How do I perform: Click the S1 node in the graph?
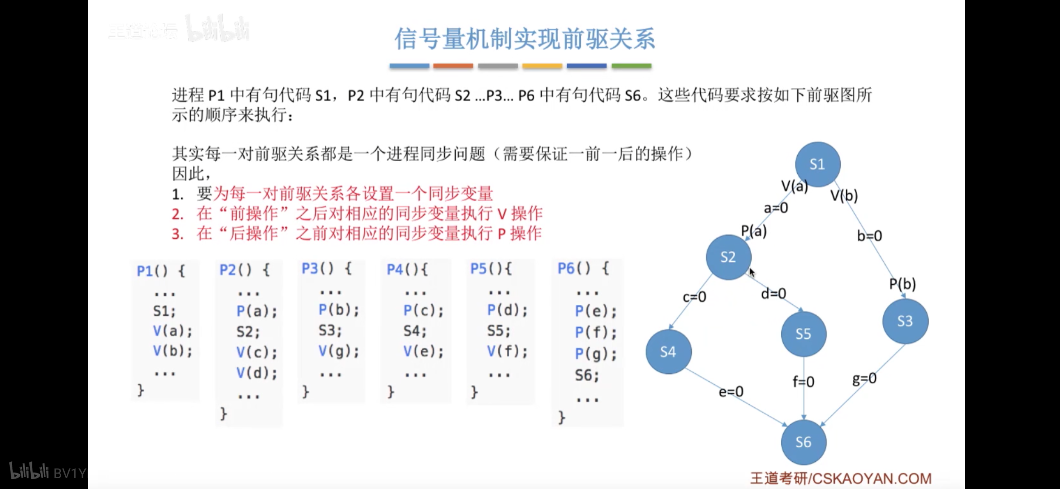pyautogui.click(x=818, y=164)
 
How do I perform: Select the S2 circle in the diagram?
pyautogui.click(x=728, y=257)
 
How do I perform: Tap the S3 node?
pyautogui.click(x=905, y=321)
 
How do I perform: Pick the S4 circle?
pyautogui.click(x=668, y=352)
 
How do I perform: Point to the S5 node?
pyautogui.click(x=803, y=334)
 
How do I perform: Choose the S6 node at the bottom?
pyautogui.click(x=803, y=442)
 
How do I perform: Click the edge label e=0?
pyautogui.click(x=731, y=391)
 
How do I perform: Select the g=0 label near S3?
pyautogui.click(x=864, y=379)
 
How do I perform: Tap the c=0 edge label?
pyautogui.click(x=694, y=297)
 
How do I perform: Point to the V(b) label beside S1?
pyautogui.click(x=844, y=196)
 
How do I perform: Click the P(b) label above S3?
pyautogui.click(x=902, y=284)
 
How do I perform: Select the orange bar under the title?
pyautogui.click(x=453, y=66)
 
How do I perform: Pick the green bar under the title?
pyautogui.click(x=631, y=66)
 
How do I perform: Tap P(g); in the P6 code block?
pyautogui.click(x=596, y=354)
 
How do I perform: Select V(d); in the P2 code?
pyautogui.click(x=256, y=373)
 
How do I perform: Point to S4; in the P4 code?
pyautogui.click(x=415, y=331)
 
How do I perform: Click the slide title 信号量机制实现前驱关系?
pyautogui.click(x=525, y=39)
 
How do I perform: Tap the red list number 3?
pyautogui.click(x=178, y=234)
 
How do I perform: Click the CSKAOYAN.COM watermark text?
pyautogui.click(x=870, y=479)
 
